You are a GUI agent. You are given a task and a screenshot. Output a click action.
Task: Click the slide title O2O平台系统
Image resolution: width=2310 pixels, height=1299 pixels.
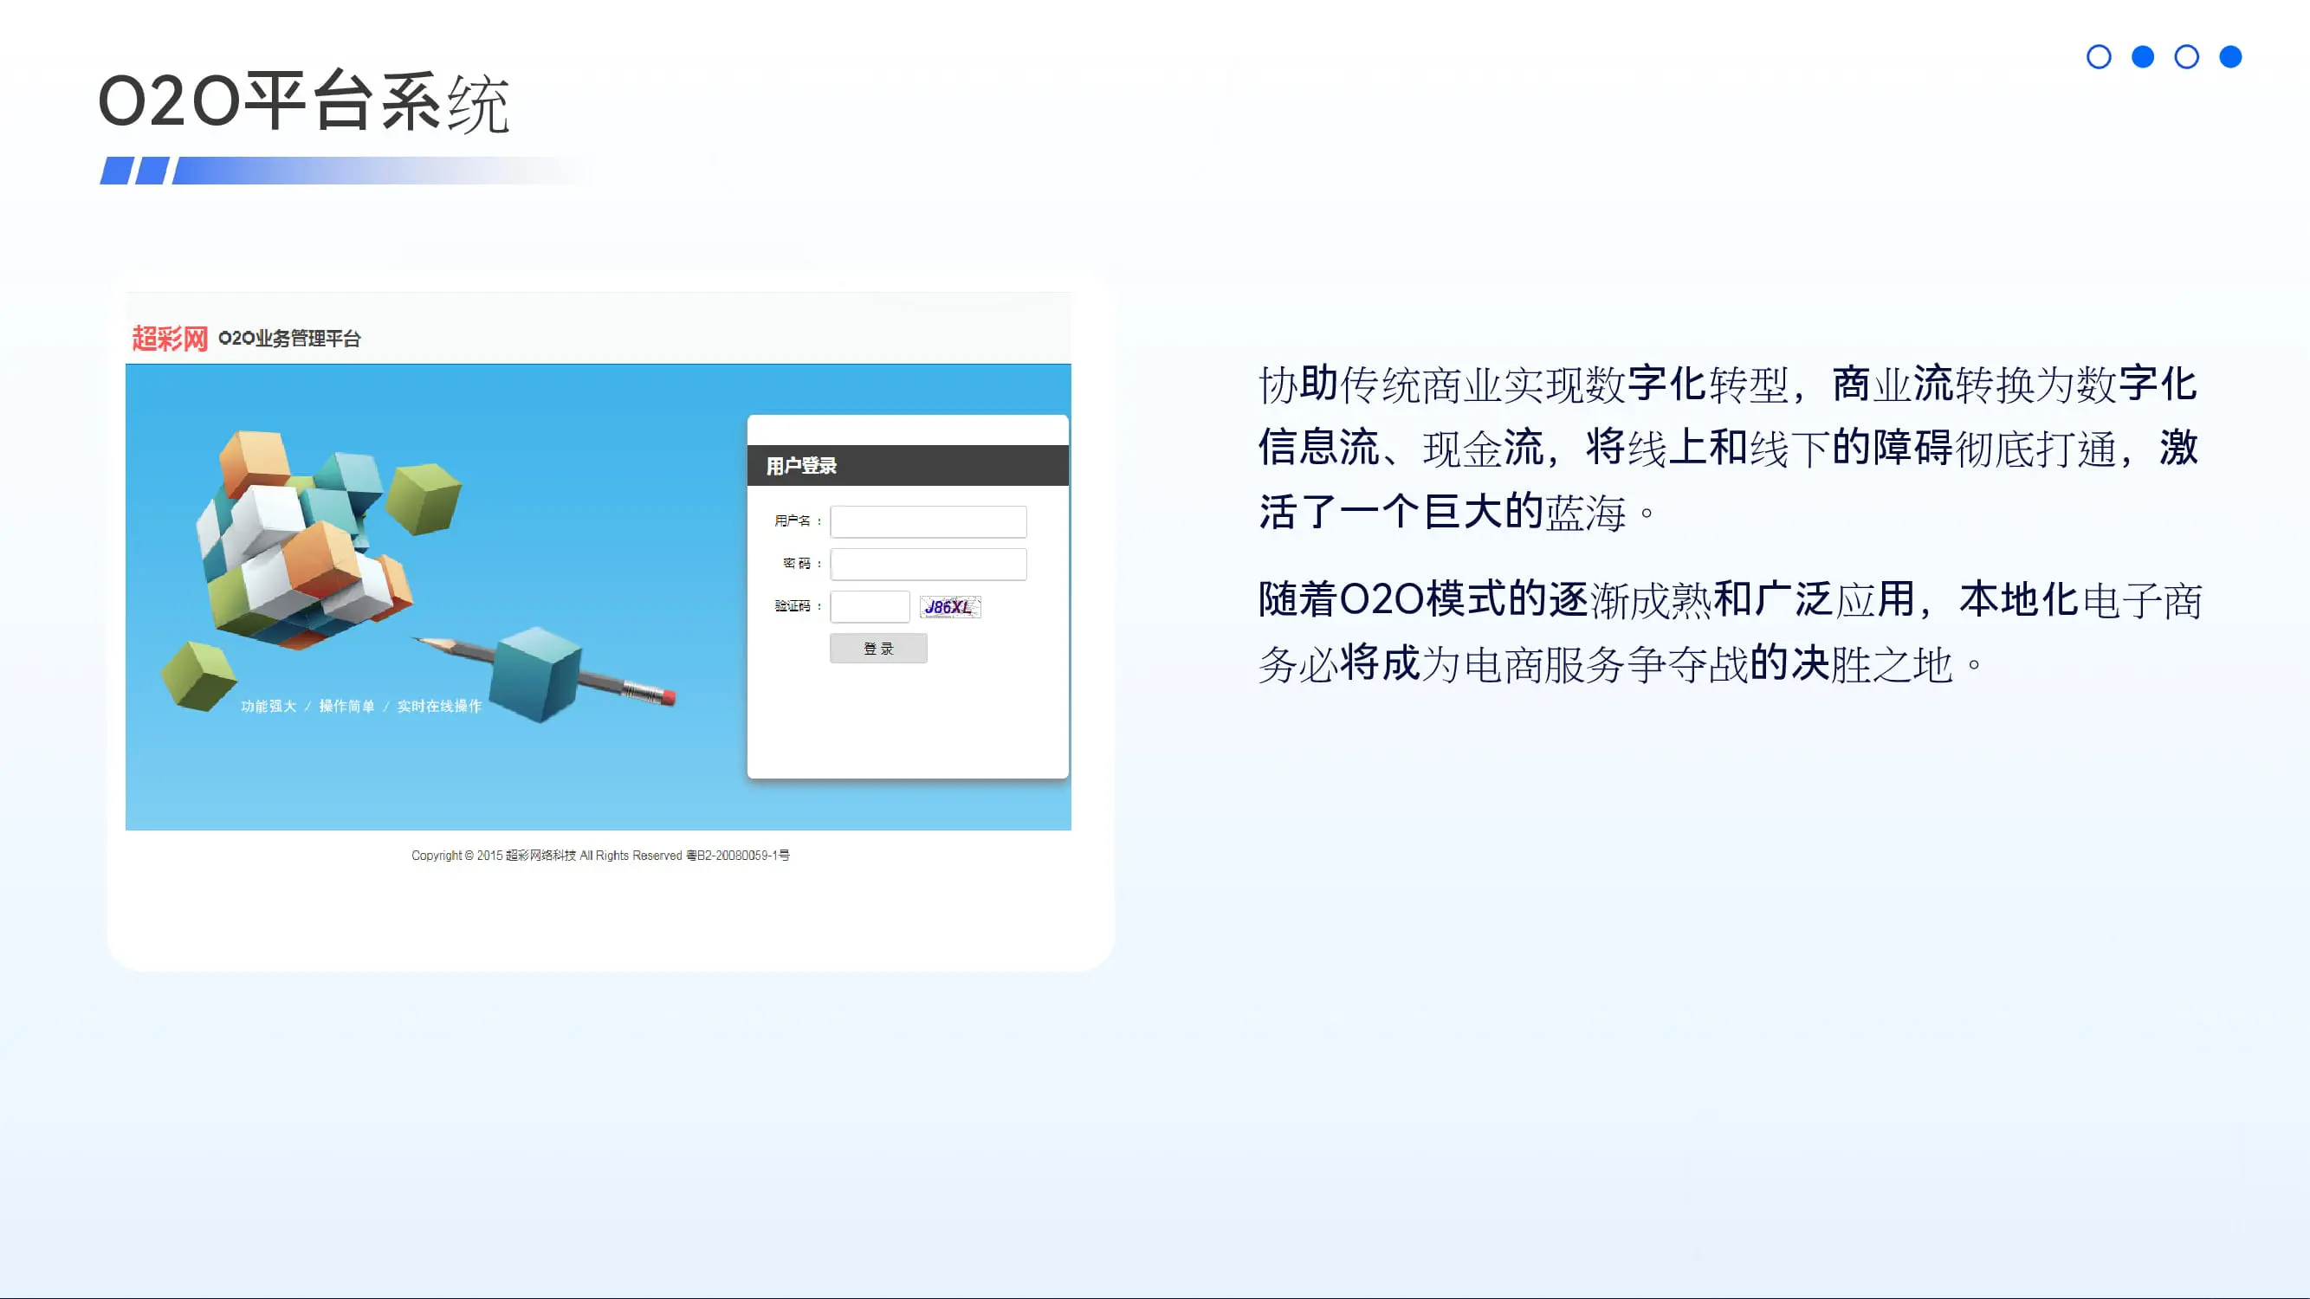coord(304,101)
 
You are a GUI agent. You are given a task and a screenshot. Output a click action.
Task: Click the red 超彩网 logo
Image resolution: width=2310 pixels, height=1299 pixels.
coord(170,338)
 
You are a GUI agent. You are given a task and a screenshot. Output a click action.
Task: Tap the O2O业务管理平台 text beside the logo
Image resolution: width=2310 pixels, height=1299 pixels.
coord(288,338)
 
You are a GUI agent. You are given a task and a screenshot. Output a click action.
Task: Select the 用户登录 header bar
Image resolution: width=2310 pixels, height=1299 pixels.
coord(908,465)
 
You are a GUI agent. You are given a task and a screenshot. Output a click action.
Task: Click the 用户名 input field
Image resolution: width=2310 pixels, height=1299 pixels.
coord(929,520)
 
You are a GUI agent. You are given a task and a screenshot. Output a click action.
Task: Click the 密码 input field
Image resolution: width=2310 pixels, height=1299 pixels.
coord(929,564)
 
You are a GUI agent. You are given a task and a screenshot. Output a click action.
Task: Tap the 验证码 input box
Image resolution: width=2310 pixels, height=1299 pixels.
coord(870,606)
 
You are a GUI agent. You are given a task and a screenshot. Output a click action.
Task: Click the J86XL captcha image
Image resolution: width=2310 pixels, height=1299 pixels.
coord(950,607)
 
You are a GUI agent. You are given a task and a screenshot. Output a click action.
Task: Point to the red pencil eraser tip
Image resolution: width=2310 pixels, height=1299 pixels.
coord(670,696)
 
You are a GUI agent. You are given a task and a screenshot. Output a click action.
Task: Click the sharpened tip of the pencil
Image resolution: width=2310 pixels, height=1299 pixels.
coord(414,638)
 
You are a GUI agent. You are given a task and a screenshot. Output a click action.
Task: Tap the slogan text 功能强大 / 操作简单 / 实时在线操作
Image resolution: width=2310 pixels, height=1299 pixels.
coord(360,706)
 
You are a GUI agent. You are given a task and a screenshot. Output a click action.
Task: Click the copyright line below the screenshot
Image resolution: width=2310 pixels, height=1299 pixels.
coord(600,856)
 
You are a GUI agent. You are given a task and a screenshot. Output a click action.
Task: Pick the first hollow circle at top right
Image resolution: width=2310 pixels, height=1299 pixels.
coord(2099,57)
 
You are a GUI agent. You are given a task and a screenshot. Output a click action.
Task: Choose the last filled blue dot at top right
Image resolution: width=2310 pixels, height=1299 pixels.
coord(2230,57)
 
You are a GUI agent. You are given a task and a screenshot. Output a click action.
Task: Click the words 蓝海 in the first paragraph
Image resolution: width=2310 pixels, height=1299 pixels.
coord(1585,512)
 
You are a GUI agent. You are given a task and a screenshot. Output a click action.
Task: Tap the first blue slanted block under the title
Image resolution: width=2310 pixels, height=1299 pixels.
coord(116,171)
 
